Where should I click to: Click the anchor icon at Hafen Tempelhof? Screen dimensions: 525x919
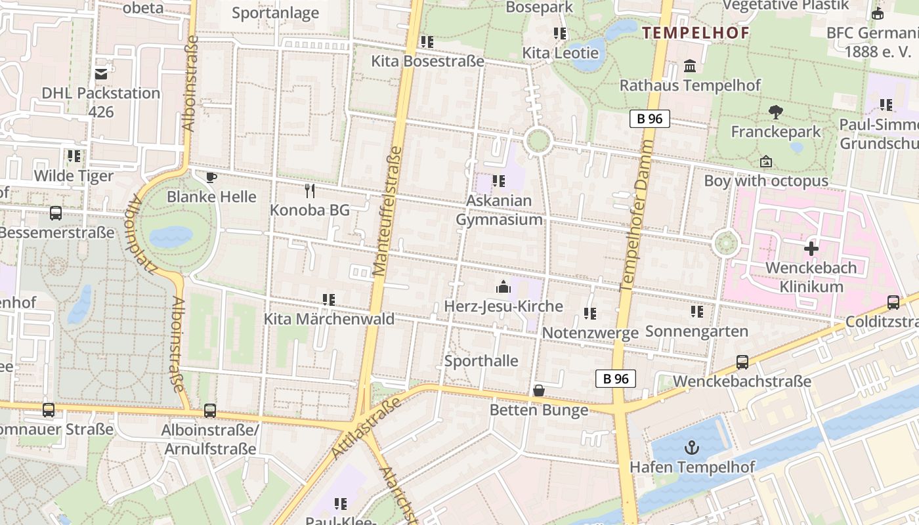tap(691, 448)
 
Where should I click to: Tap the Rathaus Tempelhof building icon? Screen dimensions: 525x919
tap(690, 66)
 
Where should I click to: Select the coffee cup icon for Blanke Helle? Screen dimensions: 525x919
tap(211, 177)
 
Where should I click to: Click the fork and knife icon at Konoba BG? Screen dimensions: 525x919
tap(310, 191)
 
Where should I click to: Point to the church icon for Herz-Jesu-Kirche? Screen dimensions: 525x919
tap(503, 287)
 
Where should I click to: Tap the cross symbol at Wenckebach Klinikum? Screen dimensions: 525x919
tap(811, 249)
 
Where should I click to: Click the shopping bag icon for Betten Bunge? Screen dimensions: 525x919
tap(539, 390)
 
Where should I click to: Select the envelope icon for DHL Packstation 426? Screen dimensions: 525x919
tap(101, 73)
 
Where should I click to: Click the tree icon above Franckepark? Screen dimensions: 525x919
tap(776, 112)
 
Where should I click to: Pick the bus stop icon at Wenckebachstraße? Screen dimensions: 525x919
tap(742, 362)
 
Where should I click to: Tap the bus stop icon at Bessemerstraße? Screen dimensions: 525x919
tap(56, 213)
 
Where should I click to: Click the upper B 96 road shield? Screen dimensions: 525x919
tap(650, 119)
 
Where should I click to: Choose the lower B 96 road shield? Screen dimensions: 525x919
tap(616, 379)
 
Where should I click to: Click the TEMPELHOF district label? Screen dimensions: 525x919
tap(695, 33)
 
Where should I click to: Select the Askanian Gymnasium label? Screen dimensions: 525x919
tap(500, 210)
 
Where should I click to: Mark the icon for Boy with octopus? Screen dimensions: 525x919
tap(765, 161)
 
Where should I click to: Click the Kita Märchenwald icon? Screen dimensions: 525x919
tap(329, 300)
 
